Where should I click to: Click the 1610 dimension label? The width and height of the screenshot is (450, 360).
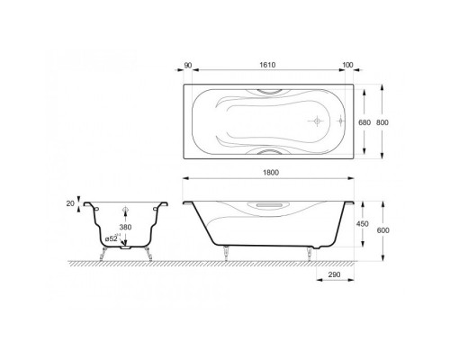[x=267, y=65]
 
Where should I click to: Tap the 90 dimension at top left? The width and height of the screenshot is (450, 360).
[x=188, y=65]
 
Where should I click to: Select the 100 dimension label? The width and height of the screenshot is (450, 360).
[x=347, y=65]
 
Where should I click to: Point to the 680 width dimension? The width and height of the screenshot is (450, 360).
[x=364, y=122]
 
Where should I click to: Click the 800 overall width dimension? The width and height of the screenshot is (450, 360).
[x=382, y=122]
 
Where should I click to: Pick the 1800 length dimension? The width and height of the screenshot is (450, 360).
[x=271, y=173]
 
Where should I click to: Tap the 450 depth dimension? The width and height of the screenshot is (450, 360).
[x=363, y=224]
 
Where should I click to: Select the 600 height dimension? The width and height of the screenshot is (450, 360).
[x=383, y=230]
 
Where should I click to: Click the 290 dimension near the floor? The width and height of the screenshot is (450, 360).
[x=335, y=274]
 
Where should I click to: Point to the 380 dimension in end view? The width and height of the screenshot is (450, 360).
[x=125, y=227]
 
